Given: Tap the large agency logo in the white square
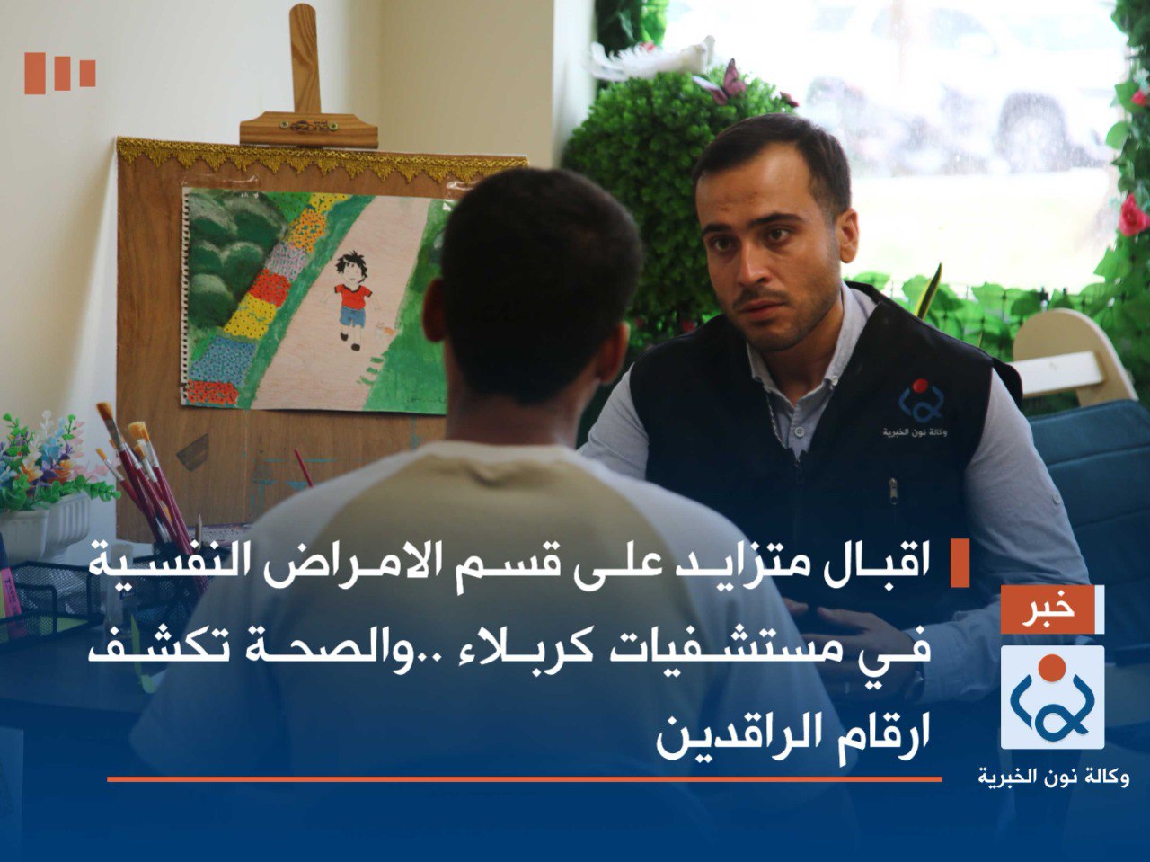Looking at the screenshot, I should pyautogui.click(x=1052, y=697).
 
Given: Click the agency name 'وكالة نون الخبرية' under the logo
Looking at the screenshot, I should pyautogui.click(x=1053, y=776).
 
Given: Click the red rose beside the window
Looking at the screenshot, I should pyautogui.click(x=1132, y=216).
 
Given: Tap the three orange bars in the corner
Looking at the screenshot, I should pyautogui.click(x=59, y=73).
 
